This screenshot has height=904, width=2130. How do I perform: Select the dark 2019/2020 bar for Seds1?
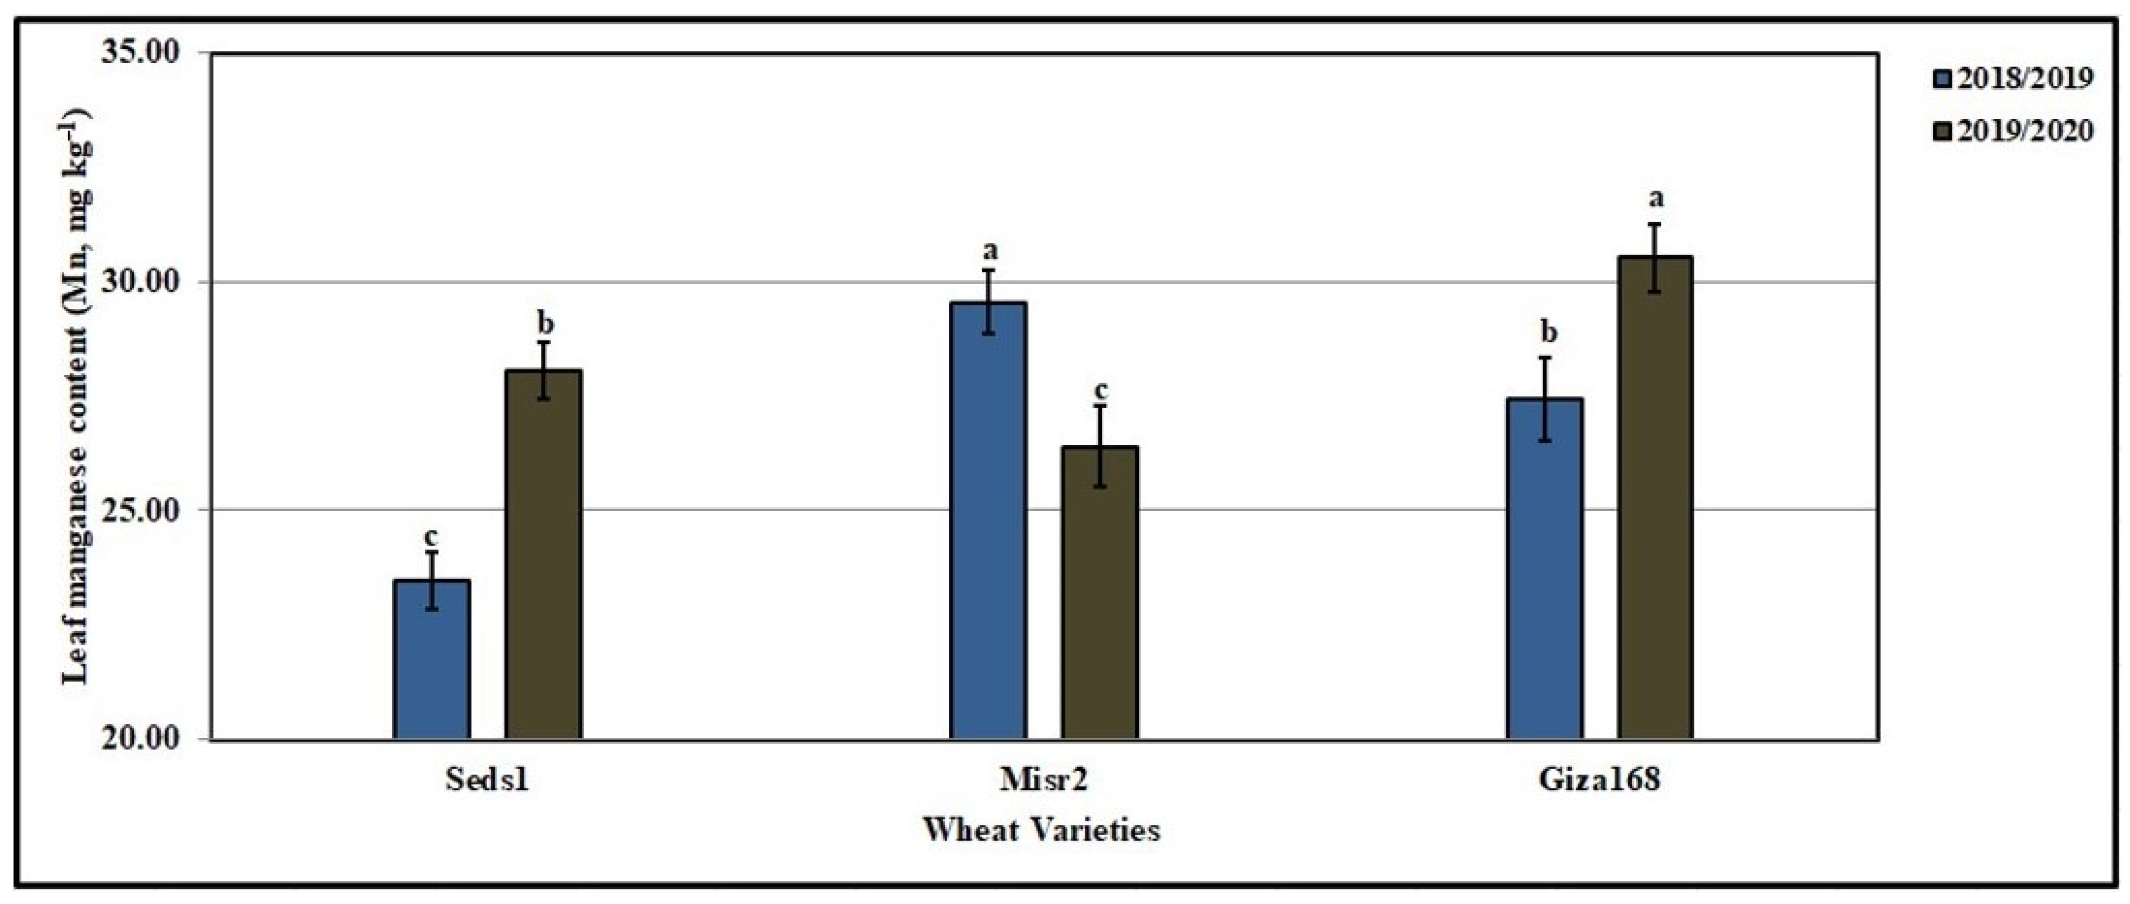544,554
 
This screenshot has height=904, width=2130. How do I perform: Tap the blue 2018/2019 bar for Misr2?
988,521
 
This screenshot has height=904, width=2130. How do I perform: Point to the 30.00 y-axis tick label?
140,282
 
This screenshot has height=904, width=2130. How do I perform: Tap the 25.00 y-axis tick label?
140,510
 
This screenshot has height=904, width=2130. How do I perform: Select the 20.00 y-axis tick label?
140,738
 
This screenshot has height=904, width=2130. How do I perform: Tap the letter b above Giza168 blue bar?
1549,332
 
